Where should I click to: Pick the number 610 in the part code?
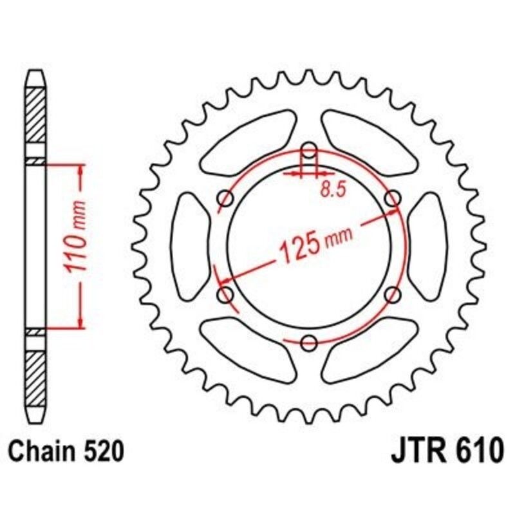pyautogui.click(x=473, y=452)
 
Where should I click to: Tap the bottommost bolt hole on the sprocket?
pyautogui.click(x=310, y=341)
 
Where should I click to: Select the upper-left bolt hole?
pyautogui.click(x=226, y=198)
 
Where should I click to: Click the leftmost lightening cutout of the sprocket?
pyautogui.click(x=192, y=247)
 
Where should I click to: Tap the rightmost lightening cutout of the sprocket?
pyautogui.click(x=427, y=247)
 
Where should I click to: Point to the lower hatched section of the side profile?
pyautogui.click(x=35, y=373)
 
